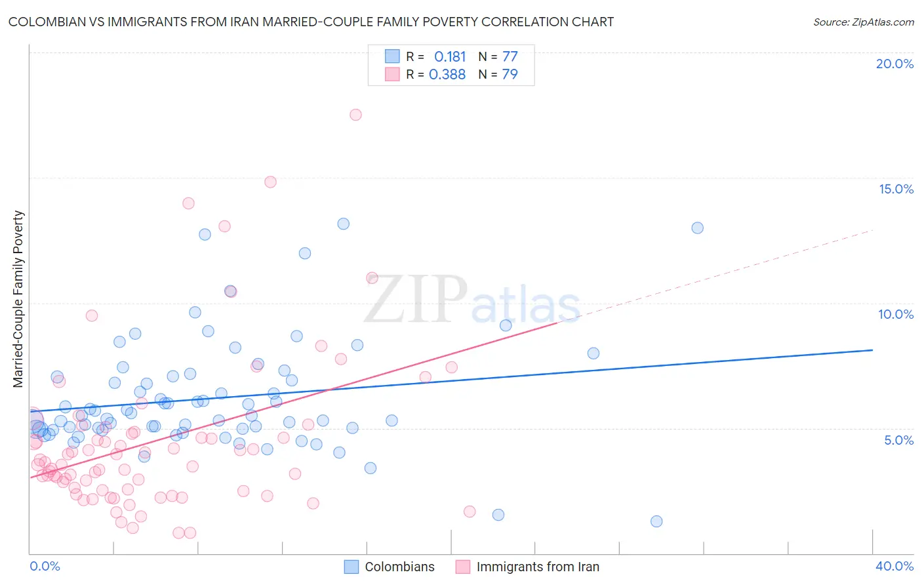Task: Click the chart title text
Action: tap(311, 22)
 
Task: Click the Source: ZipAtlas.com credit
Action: tap(863, 22)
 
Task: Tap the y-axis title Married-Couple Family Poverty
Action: tap(18, 298)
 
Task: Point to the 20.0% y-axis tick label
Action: tap(894, 64)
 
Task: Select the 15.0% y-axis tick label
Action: tap(896, 189)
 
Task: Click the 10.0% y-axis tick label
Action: tap(896, 314)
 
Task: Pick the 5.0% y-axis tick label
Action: tap(898, 440)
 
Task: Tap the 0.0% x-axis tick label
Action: tap(45, 566)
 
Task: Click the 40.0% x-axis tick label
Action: tap(894, 566)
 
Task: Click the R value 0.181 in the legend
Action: tap(450, 57)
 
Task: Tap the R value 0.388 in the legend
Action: tap(447, 75)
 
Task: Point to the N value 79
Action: tap(510, 75)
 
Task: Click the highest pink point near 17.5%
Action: tap(355, 115)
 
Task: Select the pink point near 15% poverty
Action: tap(270, 182)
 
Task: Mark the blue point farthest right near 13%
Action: tap(697, 228)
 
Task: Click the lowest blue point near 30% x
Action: tap(656, 521)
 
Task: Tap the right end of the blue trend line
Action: tap(872, 350)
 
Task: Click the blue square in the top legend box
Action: tap(392, 56)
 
